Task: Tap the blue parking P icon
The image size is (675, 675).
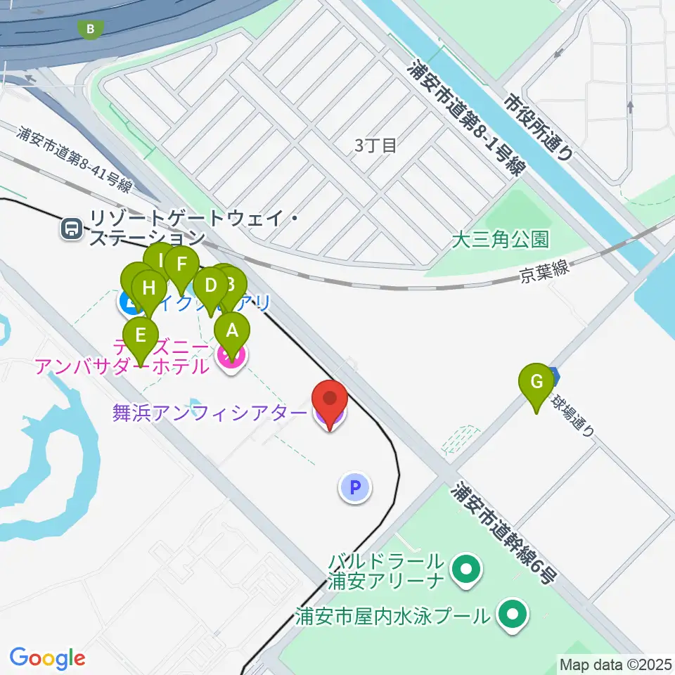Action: pyautogui.click(x=356, y=487)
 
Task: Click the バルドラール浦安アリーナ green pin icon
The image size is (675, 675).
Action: pyautogui.click(x=465, y=571)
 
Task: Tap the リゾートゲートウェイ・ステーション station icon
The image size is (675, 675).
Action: pyautogui.click(x=70, y=228)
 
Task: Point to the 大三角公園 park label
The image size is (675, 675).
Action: pyautogui.click(x=500, y=240)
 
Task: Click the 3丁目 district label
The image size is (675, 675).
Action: pyautogui.click(x=375, y=146)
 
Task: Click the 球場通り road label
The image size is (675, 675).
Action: pyautogui.click(x=574, y=415)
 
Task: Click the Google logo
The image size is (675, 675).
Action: pyautogui.click(x=47, y=658)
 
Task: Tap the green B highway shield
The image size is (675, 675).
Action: pyautogui.click(x=89, y=29)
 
